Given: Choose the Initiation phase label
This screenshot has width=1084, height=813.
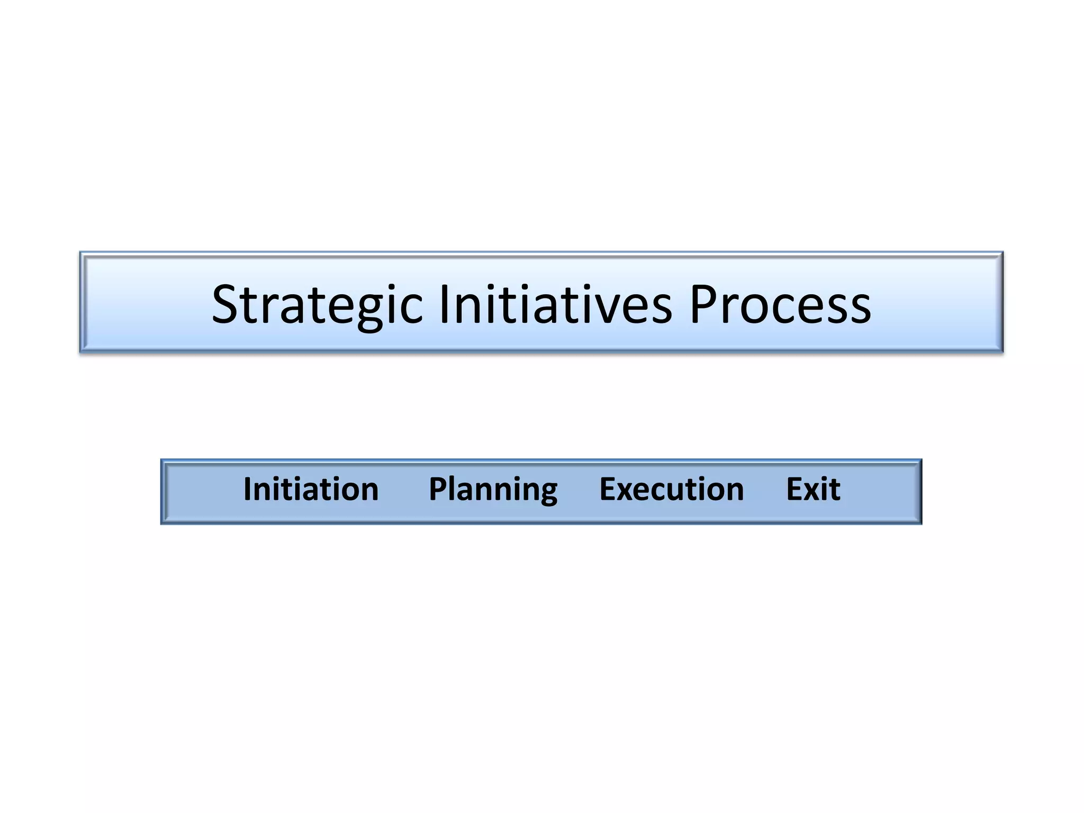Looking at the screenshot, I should click(311, 489).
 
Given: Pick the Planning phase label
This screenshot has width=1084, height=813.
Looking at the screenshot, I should click(493, 489).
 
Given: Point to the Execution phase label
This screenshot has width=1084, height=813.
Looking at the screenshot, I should click(671, 489).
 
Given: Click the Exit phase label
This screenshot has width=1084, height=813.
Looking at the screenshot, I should click(813, 489).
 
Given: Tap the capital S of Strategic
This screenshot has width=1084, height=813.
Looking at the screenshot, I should click(226, 304).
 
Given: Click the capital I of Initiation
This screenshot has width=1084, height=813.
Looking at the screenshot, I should click(248, 489).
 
